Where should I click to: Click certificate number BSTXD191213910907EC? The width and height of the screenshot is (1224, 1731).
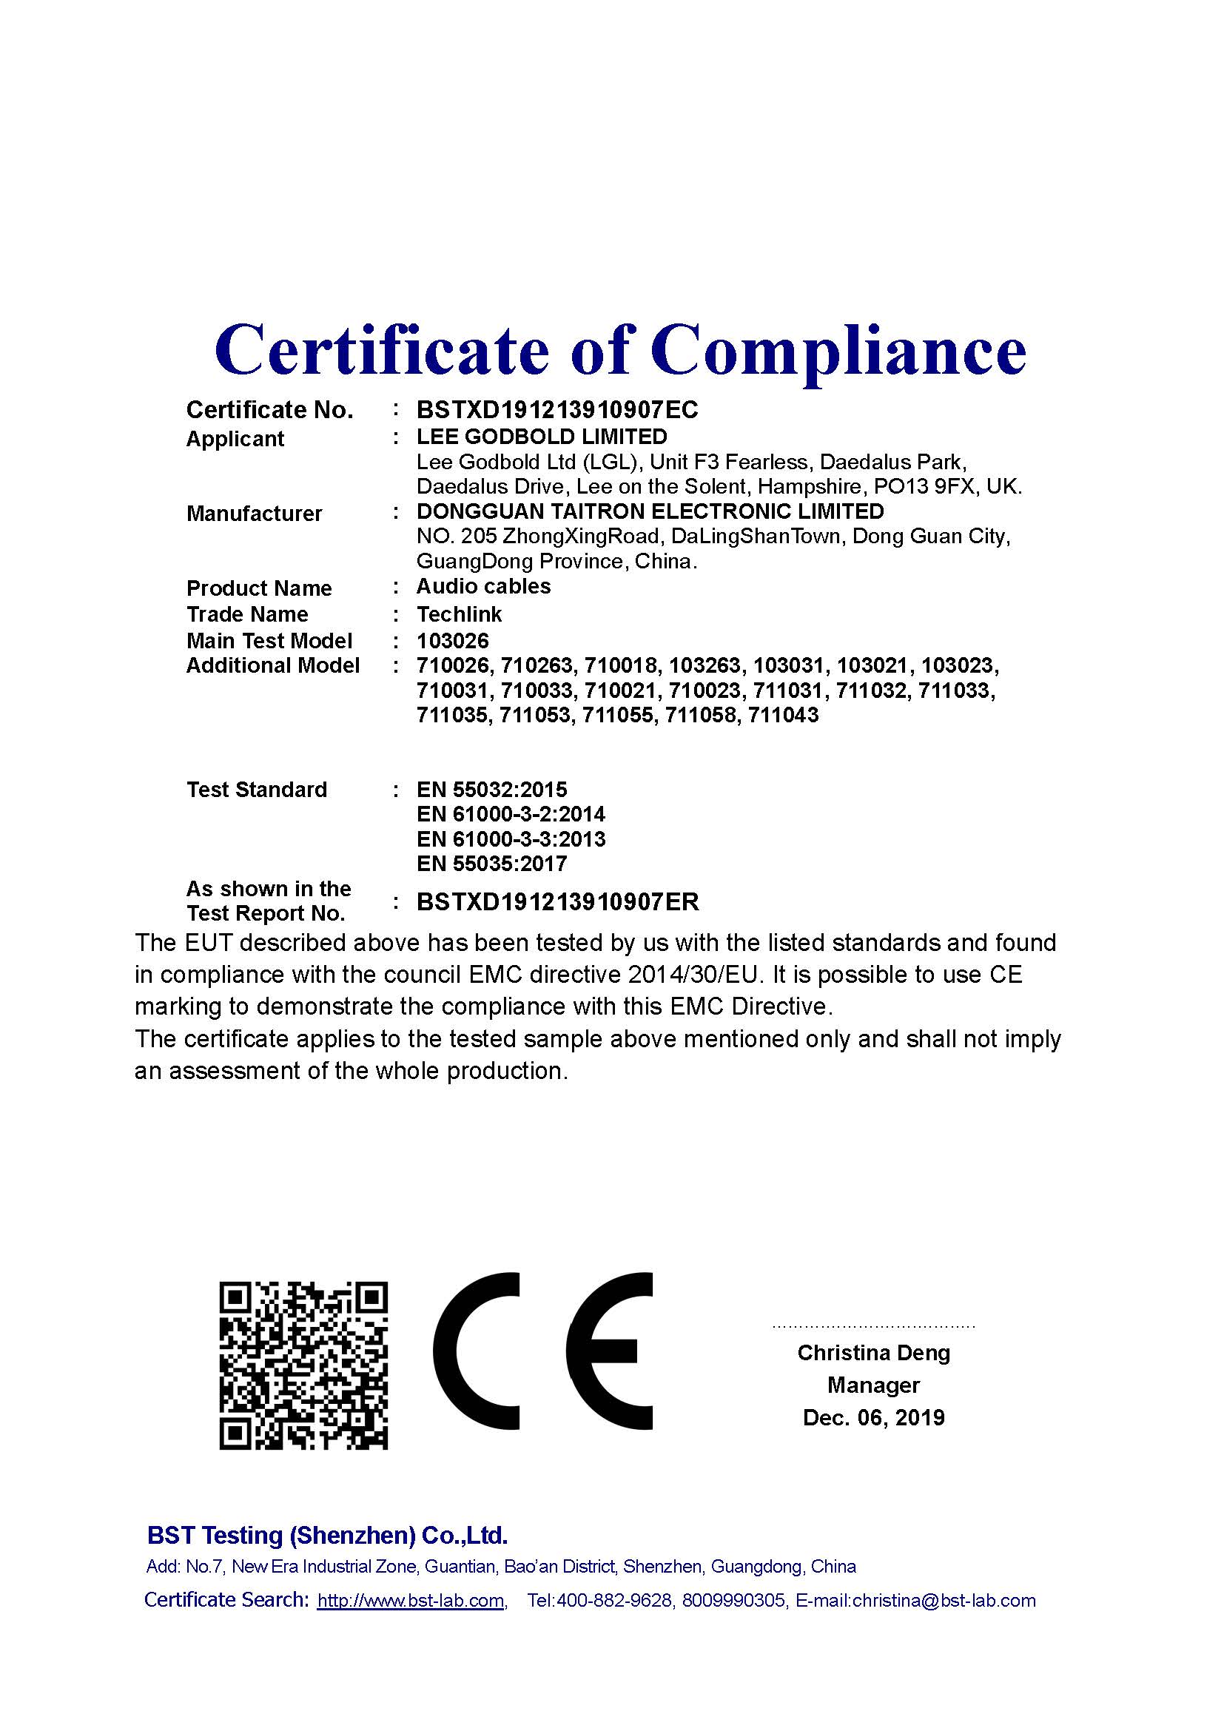(557, 409)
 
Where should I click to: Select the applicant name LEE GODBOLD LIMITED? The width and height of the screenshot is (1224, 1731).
(542, 437)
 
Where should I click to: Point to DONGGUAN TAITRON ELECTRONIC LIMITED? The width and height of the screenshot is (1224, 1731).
(650, 511)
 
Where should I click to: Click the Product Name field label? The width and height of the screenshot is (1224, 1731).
(258, 588)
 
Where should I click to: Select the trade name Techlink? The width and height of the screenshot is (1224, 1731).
(459, 614)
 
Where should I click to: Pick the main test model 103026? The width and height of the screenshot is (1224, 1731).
(452, 641)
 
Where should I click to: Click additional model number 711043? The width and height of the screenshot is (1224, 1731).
(783, 715)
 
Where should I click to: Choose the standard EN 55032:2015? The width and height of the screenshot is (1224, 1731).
(491, 790)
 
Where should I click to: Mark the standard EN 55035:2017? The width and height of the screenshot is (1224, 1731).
(491, 863)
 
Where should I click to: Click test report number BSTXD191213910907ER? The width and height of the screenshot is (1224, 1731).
(558, 901)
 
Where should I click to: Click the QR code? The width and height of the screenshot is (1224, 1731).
(303, 1365)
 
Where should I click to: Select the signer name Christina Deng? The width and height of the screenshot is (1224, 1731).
(873, 1353)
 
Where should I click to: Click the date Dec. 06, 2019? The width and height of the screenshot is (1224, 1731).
(873, 1418)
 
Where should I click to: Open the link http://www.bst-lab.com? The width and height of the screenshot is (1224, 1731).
(410, 1601)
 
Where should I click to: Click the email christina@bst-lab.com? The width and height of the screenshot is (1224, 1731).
(944, 1601)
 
